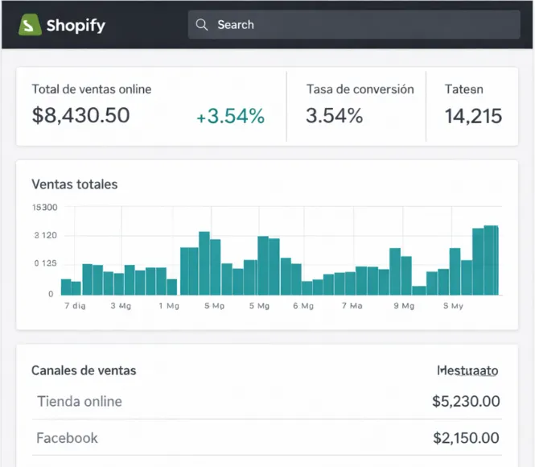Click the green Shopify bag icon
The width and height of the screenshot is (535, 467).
tap(30, 25)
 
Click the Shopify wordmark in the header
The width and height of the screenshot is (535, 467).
tap(76, 25)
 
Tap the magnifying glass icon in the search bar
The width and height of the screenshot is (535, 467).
tap(202, 25)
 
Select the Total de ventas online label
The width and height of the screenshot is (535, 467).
tap(91, 89)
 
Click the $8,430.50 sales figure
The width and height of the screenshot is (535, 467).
tap(80, 116)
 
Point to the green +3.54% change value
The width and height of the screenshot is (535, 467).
tap(230, 117)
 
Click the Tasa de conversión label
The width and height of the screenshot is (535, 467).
tap(360, 89)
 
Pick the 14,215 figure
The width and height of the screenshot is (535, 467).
tap(473, 116)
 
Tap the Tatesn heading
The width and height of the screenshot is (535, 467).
tap(464, 89)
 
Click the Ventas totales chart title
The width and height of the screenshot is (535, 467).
tap(74, 184)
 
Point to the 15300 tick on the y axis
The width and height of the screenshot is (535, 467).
tap(44, 208)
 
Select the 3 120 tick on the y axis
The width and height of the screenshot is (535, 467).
tap(45, 236)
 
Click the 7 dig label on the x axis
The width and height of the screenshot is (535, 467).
tap(74, 306)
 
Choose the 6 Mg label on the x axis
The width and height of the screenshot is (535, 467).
tap(303, 306)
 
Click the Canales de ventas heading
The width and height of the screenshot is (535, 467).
tap(84, 370)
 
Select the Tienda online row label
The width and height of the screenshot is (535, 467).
tap(80, 401)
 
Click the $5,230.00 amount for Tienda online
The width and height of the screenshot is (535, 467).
tap(466, 401)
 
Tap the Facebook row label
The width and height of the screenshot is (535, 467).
tap(68, 438)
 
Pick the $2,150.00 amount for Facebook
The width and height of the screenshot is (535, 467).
tap(466, 438)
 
